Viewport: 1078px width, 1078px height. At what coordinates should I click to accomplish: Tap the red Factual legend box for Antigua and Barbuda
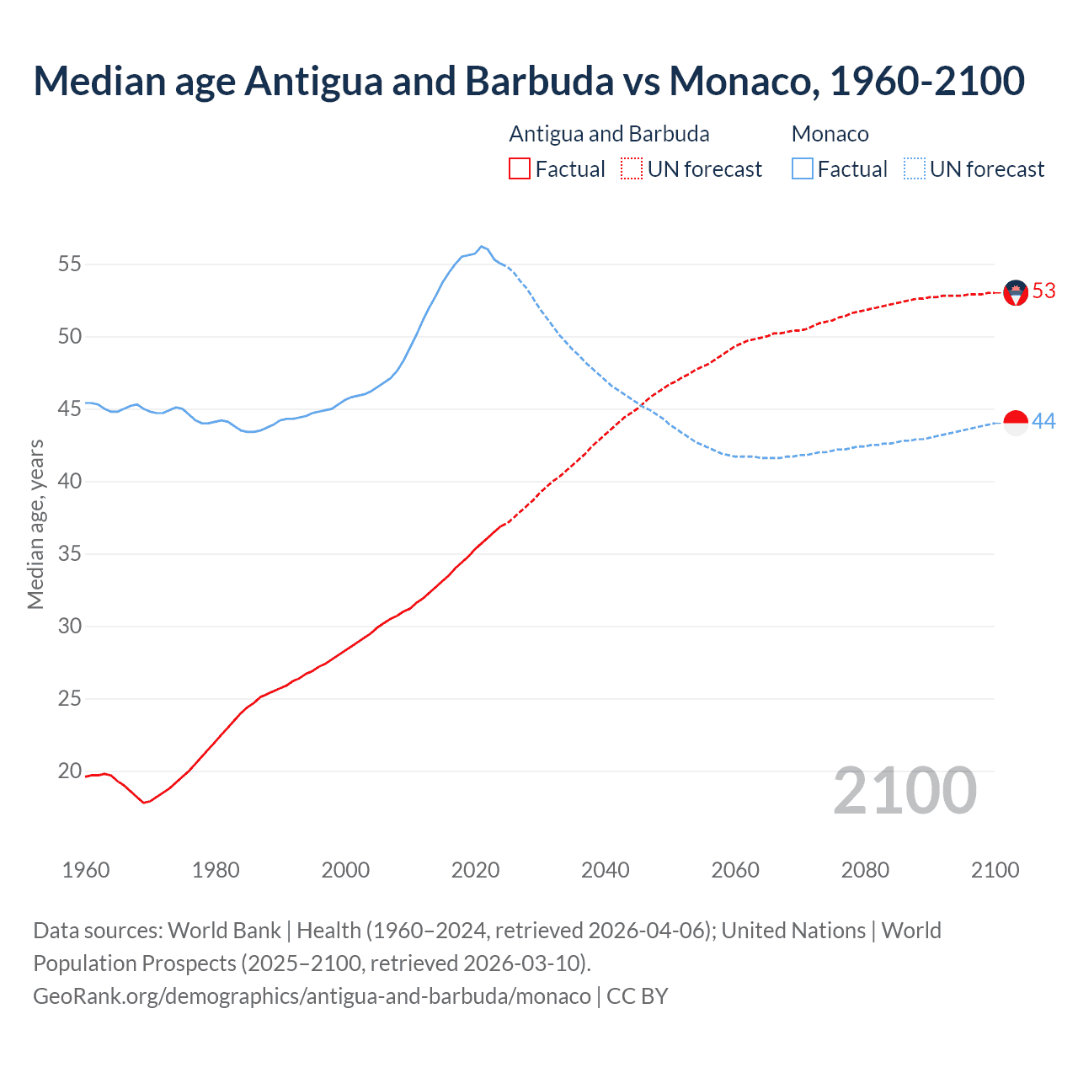click(520, 169)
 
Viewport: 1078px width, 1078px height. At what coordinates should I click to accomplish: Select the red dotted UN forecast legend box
click(632, 169)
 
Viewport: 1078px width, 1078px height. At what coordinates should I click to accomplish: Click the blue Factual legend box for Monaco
click(803, 169)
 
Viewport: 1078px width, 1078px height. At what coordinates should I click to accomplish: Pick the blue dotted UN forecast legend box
click(915, 169)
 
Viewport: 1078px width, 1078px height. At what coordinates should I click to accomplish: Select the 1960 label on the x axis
click(86, 870)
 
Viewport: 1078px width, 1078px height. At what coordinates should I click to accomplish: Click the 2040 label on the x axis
click(606, 870)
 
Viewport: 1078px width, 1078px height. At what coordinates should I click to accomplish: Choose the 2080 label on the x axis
click(865, 870)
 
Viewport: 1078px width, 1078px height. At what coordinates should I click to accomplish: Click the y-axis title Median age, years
click(35, 524)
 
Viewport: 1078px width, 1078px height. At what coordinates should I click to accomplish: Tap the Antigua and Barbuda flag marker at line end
click(1016, 292)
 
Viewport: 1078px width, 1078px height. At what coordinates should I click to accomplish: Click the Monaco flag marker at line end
click(1016, 423)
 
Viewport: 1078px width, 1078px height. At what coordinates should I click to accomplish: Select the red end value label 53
click(1043, 291)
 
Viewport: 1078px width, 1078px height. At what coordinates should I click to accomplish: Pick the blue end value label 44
click(1043, 421)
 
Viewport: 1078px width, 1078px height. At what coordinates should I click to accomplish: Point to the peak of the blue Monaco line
click(481, 247)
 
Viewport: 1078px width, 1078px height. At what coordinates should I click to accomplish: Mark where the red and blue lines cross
click(641, 406)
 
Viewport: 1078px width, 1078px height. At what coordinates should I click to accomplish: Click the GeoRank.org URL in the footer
click(312, 996)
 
